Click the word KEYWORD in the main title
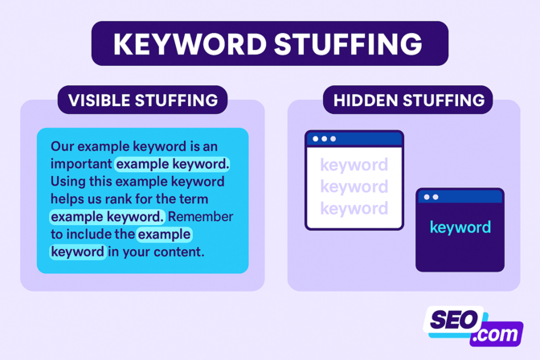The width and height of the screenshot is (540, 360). coord(190,43)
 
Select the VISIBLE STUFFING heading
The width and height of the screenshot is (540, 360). coord(143,100)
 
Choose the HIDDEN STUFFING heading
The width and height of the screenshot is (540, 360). coord(409,100)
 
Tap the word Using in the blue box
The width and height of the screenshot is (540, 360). coord(68,182)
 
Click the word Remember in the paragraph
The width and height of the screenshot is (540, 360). coord(200,217)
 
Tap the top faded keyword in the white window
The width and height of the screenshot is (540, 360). coord(354,166)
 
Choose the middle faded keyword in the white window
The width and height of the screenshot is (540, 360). coord(354,187)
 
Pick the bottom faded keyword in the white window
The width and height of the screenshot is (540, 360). coord(354,209)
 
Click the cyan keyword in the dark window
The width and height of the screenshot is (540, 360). coord(460,227)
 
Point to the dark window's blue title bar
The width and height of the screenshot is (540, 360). coord(460,197)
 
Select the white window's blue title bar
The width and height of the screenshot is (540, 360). coord(354,139)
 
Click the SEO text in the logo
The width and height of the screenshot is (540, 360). coord(454,320)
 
